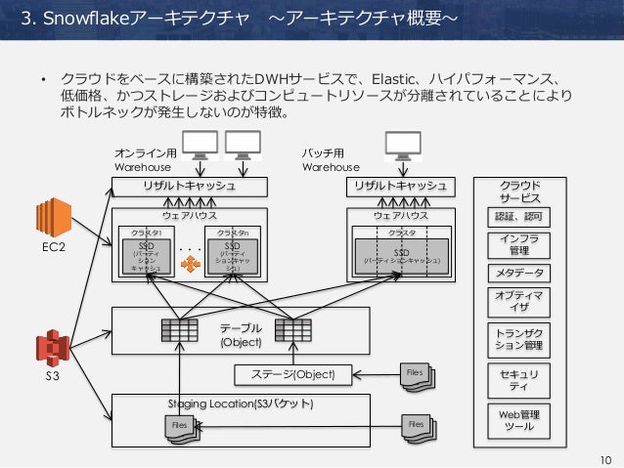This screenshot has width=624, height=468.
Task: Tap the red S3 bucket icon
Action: click(52, 349)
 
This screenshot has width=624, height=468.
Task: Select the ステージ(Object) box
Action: click(293, 374)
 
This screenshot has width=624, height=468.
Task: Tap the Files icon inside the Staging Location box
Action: click(182, 427)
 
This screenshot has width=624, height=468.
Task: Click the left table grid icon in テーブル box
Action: click(179, 330)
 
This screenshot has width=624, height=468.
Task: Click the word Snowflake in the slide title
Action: click(75, 18)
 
